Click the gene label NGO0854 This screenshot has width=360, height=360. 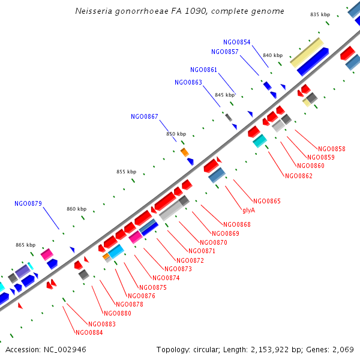[236, 42]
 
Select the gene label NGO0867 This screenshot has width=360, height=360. [144, 116]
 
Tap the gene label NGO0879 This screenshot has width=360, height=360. [28, 203]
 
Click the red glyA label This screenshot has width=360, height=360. [249, 210]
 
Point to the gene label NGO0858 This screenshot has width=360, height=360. [331, 149]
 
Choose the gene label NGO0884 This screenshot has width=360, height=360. [89, 332]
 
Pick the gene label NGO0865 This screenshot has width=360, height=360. [266, 201]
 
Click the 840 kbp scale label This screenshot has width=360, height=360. [272, 55]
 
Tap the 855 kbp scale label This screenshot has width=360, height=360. [126, 172]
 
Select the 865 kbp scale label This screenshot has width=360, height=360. [25, 245]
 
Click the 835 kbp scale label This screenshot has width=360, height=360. [320, 14]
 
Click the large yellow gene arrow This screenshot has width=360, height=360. [307, 52]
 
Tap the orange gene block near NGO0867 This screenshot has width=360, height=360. [185, 152]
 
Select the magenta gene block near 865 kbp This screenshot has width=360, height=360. [47, 254]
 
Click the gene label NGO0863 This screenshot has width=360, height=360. [188, 82]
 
